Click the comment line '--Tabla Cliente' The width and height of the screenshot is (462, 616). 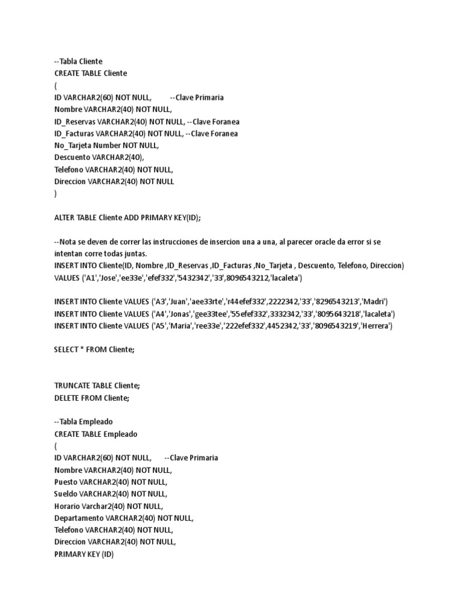(x=78, y=61)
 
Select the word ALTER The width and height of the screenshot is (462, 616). (x=66, y=218)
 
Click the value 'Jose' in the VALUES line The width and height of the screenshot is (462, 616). (x=108, y=278)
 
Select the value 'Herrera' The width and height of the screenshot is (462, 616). (x=375, y=326)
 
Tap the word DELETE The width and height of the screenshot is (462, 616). (x=67, y=398)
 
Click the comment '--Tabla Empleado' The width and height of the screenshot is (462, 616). (x=83, y=422)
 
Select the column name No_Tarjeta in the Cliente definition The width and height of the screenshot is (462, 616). (x=75, y=145)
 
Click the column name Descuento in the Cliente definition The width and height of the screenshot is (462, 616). (x=73, y=157)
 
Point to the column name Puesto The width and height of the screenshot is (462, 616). (x=66, y=482)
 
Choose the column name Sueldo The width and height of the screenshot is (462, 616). (x=66, y=494)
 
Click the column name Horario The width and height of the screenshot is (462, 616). (x=67, y=506)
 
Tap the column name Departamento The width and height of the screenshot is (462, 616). (x=79, y=518)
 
